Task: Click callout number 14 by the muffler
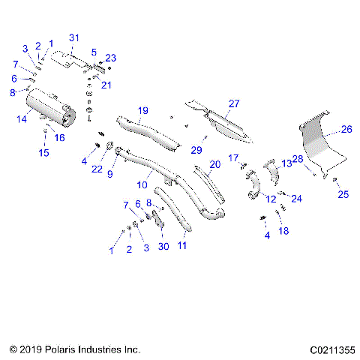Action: tap(22, 118)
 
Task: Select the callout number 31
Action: tap(73, 38)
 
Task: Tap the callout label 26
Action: tap(346, 129)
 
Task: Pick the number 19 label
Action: tap(142, 110)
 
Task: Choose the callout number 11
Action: tap(182, 244)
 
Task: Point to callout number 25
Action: tap(343, 194)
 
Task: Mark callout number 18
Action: tap(283, 232)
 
